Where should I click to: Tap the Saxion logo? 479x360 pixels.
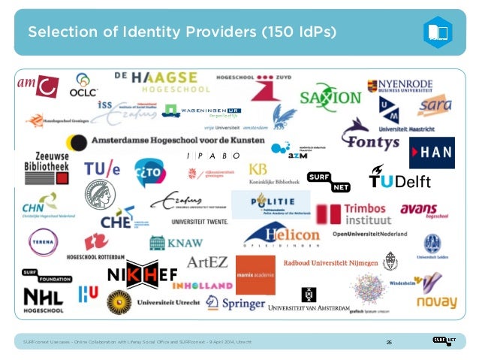tap(330, 98)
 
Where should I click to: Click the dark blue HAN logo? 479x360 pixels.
tap(432, 153)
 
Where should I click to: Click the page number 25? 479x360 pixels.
tap(390, 343)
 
